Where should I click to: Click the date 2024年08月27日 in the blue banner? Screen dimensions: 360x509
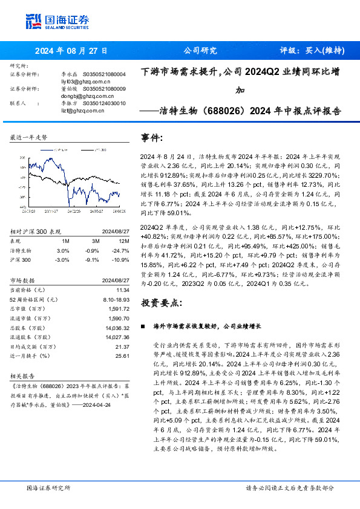(x=67, y=51)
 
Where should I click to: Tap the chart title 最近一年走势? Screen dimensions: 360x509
(x=28, y=138)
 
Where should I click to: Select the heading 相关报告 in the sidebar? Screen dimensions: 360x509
(x=21, y=375)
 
